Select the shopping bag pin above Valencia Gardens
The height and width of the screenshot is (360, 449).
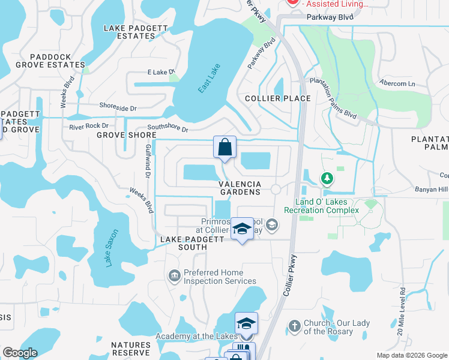(224, 147)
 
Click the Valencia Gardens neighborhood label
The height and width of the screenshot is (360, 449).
(240, 188)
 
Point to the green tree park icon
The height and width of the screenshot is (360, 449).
(327, 178)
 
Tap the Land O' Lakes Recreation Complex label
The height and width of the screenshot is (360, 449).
(327, 206)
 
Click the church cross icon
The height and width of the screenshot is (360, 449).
(294, 326)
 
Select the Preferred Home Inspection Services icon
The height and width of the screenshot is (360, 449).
(173, 275)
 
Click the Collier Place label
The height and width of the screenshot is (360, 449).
(278, 98)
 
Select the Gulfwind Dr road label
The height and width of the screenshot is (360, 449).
(148, 160)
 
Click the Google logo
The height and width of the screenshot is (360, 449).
(20, 353)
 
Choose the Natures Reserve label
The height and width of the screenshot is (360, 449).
(131, 349)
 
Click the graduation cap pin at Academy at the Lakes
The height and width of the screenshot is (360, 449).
(246, 324)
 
